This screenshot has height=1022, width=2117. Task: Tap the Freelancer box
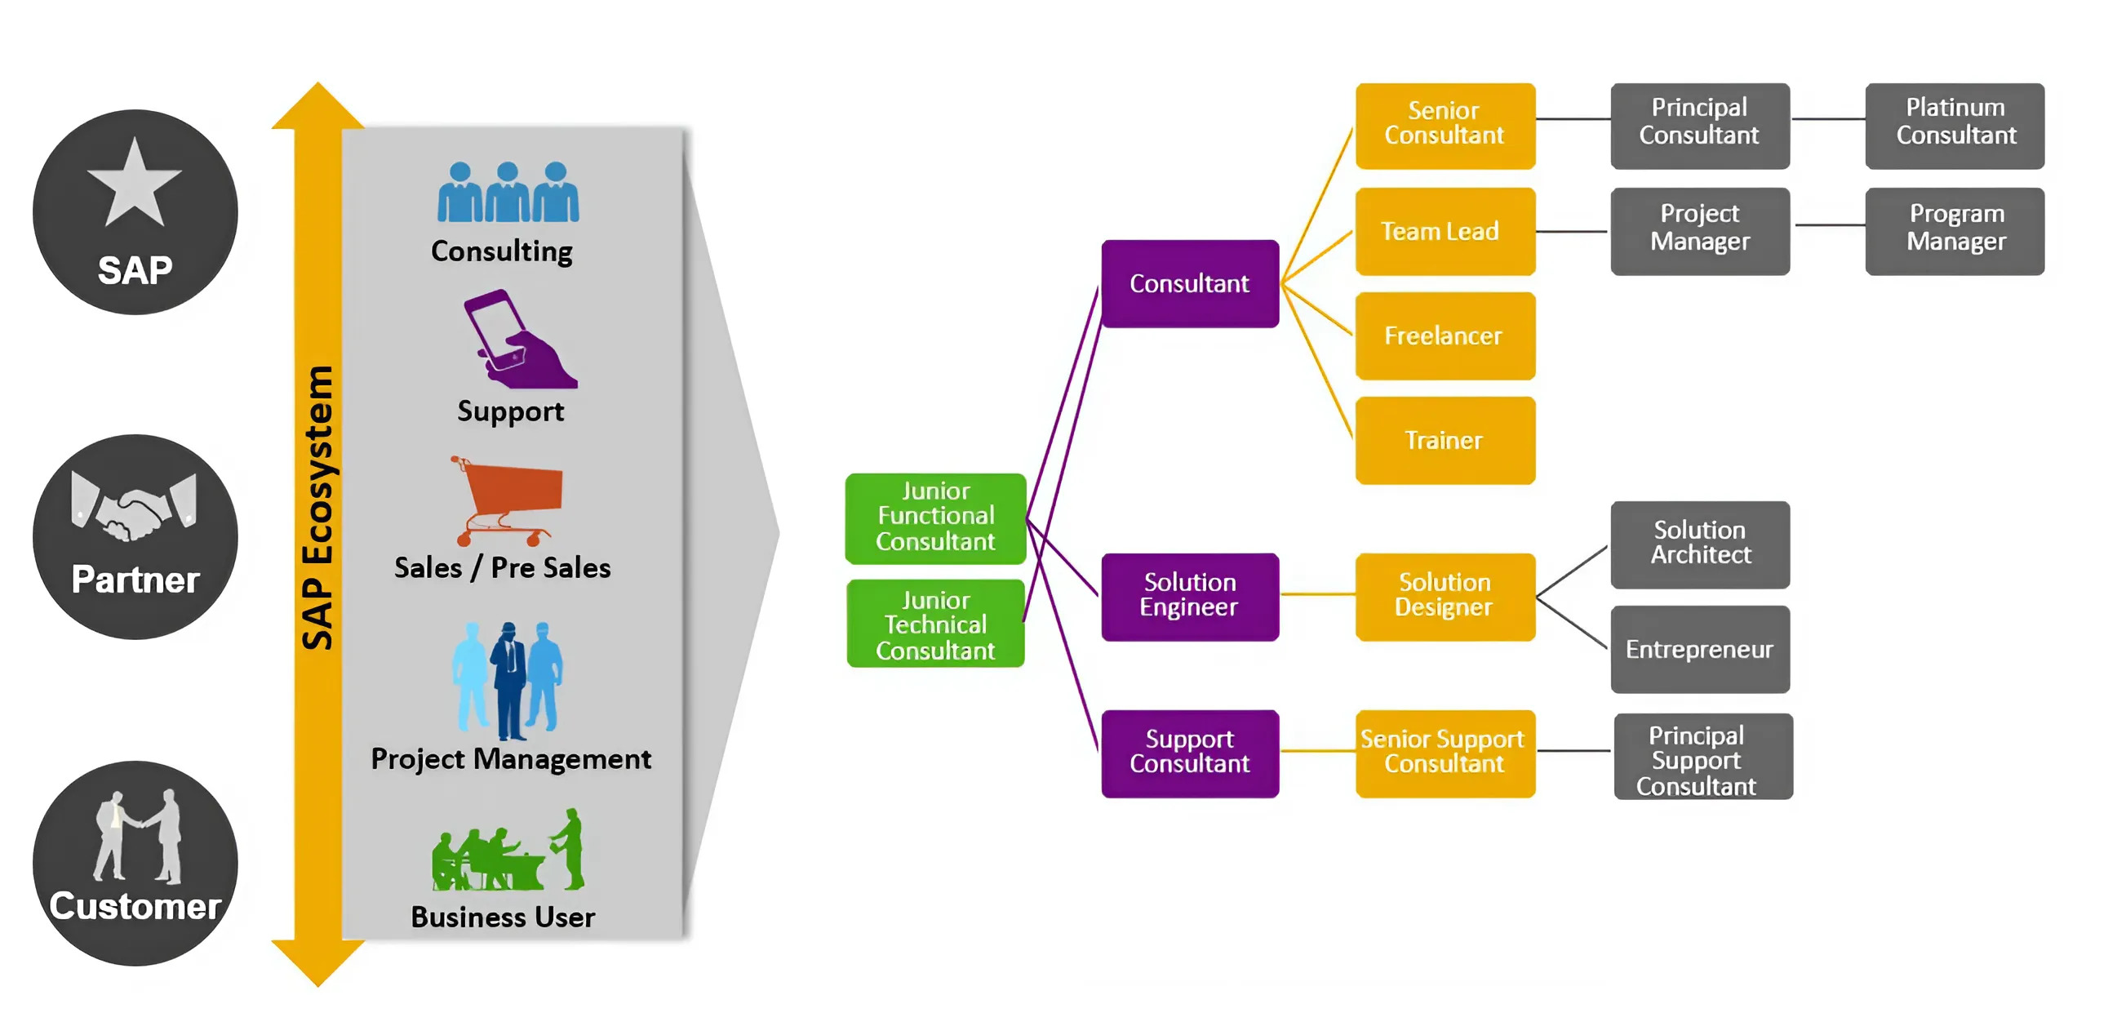(x=1445, y=335)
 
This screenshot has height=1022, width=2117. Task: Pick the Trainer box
(x=1445, y=440)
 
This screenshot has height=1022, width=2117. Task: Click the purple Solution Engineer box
(x=1189, y=596)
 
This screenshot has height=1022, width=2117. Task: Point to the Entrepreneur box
(x=1699, y=649)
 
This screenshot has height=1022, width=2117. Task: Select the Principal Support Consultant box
(x=1702, y=758)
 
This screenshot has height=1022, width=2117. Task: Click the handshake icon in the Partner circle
(x=134, y=505)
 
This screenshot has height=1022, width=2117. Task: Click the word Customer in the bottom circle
(x=135, y=905)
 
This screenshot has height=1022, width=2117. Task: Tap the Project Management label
(x=510, y=758)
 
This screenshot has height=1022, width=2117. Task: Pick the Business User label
(x=502, y=916)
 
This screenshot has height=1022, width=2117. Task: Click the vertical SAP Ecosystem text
(x=317, y=507)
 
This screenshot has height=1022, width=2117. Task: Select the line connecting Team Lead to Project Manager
(x=1571, y=231)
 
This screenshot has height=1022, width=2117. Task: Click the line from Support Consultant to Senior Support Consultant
(x=1317, y=751)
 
